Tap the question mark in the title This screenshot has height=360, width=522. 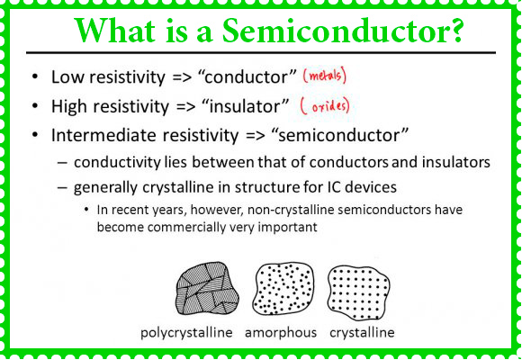455,30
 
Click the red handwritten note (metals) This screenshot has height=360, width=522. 325,76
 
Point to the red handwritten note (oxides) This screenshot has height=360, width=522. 325,106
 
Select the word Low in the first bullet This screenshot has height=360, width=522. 67,76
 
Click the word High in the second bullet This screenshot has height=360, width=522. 69,106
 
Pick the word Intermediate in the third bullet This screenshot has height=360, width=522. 103,135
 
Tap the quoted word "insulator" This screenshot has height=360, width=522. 246,106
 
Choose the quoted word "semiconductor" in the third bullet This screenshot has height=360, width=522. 339,135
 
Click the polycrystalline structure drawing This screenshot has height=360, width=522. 207,288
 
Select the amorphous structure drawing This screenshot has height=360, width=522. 283,288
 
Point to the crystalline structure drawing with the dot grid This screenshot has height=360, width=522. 358,293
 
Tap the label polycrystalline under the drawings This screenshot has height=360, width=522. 186,333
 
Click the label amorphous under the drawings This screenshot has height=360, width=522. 281,333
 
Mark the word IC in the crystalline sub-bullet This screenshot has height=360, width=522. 334,187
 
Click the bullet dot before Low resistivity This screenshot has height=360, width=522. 35,76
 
